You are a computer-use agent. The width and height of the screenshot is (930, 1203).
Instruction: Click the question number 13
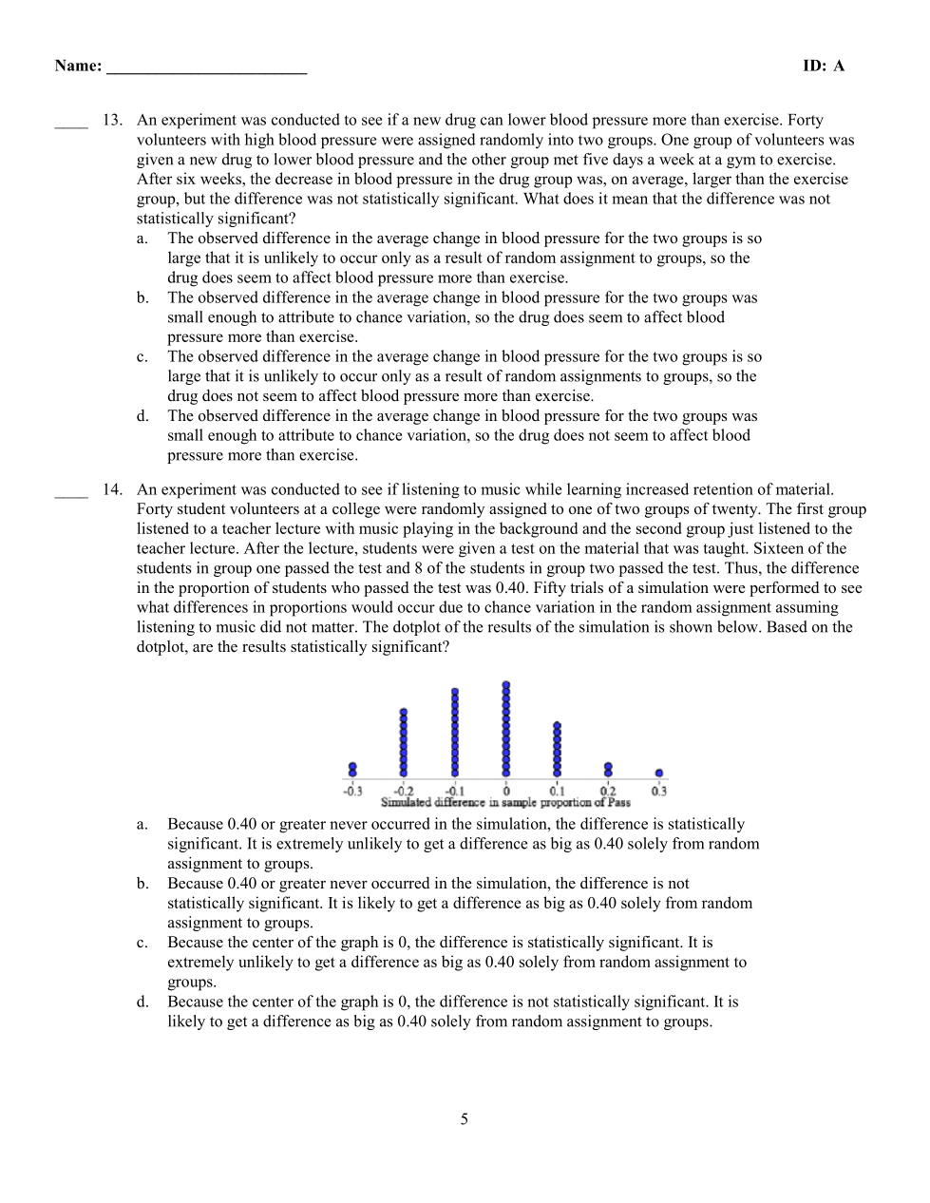[x=112, y=121]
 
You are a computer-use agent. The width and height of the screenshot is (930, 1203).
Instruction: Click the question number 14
[x=112, y=490]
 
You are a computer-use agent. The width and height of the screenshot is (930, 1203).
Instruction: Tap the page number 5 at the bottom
[x=465, y=1119]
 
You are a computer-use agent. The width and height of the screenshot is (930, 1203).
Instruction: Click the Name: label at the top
[x=78, y=66]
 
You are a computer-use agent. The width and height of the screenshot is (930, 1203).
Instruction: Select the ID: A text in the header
[x=823, y=66]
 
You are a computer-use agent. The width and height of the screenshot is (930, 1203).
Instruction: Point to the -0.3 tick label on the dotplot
[x=352, y=791]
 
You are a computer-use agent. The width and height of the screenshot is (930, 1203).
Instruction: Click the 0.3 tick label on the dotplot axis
[x=659, y=791]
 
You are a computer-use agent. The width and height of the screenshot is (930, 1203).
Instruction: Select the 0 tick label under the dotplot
[x=506, y=791]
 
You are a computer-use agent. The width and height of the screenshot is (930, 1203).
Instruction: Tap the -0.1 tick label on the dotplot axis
[x=454, y=791]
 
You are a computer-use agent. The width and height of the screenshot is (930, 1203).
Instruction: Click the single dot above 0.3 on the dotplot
[x=659, y=773]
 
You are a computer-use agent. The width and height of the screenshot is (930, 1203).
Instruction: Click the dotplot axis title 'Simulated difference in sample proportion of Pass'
[x=505, y=803]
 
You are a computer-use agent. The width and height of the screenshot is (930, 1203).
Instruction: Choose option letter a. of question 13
[x=142, y=239]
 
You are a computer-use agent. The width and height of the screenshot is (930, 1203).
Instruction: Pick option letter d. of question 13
[x=142, y=416]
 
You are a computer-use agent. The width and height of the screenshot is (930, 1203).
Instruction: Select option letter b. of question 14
[x=142, y=884]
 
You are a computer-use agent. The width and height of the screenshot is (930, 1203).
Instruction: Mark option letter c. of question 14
[x=142, y=943]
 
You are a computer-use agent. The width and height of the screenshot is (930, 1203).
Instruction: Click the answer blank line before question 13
[x=71, y=124]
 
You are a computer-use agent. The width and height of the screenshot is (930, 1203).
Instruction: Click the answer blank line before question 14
[x=71, y=493]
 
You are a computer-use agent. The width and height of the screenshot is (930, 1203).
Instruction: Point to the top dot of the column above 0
[x=506, y=684]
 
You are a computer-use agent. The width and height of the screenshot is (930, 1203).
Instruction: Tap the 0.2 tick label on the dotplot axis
[x=608, y=791]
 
